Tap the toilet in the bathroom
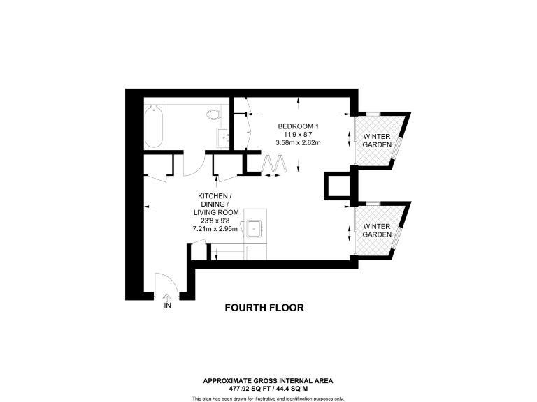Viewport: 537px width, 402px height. [x=214, y=114]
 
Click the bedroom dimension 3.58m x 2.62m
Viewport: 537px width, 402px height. [x=299, y=143]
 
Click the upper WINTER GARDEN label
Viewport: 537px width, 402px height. [x=377, y=140]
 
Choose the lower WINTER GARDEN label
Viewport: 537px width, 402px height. [x=377, y=230]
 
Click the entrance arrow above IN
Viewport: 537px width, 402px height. [x=168, y=297]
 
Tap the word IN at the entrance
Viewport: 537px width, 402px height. [x=168, y=306]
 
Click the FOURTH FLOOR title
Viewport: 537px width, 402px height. [x=264, y=308]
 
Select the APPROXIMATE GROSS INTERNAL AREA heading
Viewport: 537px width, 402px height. [x=268, y=380]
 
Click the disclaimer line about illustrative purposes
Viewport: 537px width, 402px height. [x=268, y=398]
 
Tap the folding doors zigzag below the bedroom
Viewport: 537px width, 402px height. [x=273, y=165]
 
